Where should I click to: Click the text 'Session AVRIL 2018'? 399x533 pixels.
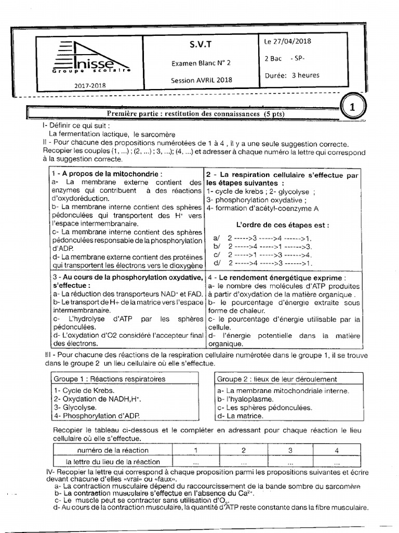(202, 80)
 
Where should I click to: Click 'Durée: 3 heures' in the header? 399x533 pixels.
(292, 75)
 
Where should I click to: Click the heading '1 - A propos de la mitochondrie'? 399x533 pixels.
(107, 173)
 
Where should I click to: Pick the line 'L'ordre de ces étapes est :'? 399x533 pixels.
(282, 225)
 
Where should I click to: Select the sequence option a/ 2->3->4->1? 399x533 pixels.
(262, 238)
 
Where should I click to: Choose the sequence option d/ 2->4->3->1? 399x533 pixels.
(262, 263)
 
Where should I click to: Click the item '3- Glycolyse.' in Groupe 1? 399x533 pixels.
(75, 408)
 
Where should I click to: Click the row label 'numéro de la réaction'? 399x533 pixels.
(111, 450)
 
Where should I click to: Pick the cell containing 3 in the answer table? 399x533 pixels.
(290, 450)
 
